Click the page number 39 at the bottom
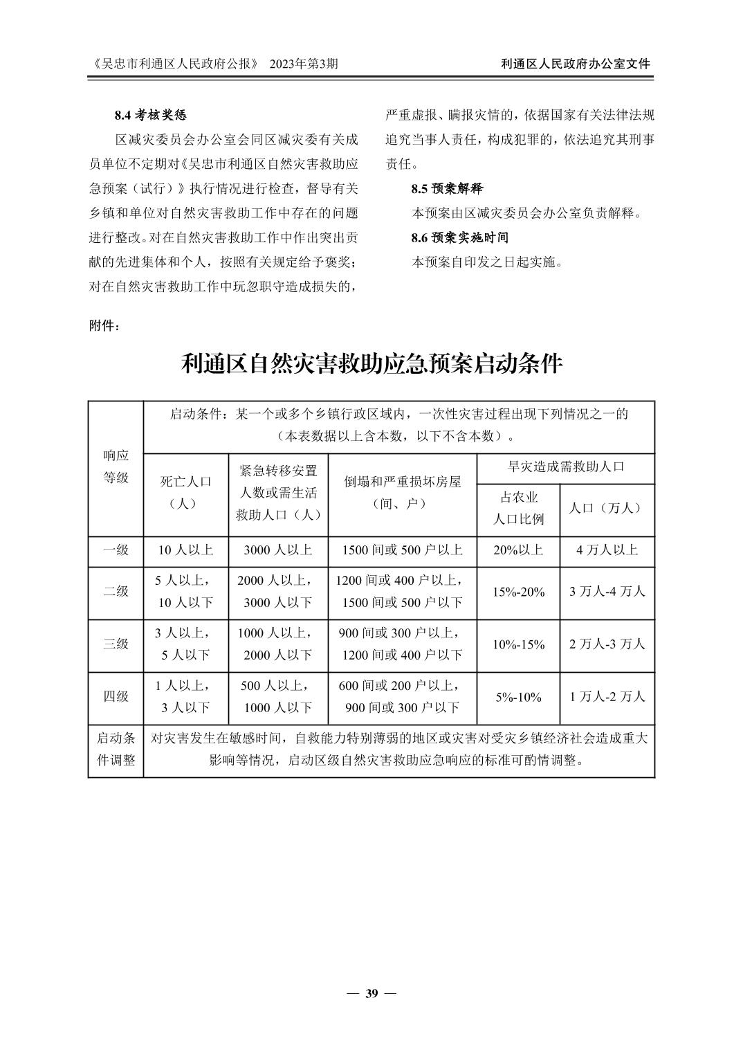[371, 994]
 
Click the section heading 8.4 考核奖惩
[150, 114]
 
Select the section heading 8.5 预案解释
[446, 188]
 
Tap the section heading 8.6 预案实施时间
[459, 237]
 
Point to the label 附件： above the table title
[104, 325]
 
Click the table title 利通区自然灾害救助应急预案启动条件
[371, 363]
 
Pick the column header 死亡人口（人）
[185, 492]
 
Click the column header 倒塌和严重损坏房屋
[402, 492]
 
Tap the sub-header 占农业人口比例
[517, 508]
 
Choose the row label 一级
[116, 550]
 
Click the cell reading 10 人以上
[185, 550]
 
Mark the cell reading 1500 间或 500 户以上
[402, 550]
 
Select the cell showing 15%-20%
[517, 592]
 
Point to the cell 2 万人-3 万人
[607, 644]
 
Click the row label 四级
[116, 696]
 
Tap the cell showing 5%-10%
[517, 697]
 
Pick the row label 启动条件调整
[116, 749]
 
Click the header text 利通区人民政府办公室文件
[576, 64]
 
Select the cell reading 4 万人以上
[607, 550]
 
